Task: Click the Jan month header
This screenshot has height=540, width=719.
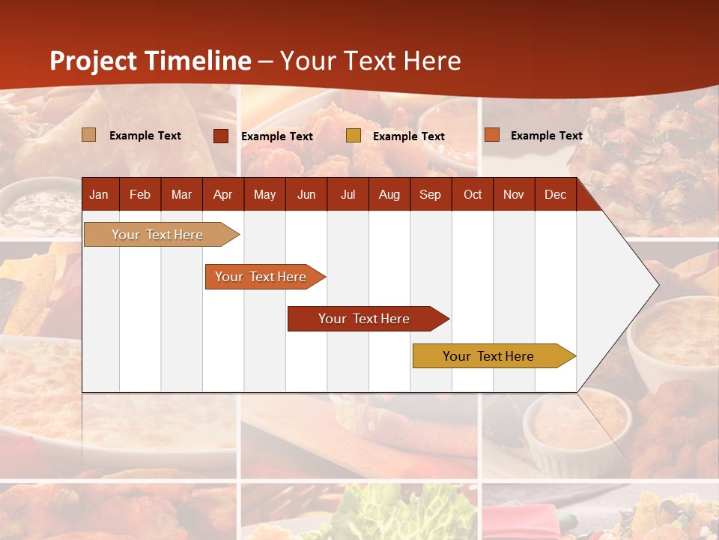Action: point(99,194)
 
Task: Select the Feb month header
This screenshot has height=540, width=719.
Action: point(140,194)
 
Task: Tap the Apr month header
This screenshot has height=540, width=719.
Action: point(222,194)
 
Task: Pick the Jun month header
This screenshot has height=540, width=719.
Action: point(306,194)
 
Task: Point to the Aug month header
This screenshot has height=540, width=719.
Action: point(389,194)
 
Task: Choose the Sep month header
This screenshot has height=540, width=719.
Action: point(430,194)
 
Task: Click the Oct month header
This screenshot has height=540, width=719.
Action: point(473,194)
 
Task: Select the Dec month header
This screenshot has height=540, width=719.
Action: point(555,194)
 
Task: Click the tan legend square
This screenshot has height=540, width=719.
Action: point(89,135)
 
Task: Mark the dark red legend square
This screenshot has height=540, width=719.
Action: point(221,136)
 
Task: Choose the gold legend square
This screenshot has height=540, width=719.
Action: point(354,136)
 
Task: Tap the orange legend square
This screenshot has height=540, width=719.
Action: point(492,135)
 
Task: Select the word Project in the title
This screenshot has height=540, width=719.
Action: point(94,61)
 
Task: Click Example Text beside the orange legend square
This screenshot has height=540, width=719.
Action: point(546,136)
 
